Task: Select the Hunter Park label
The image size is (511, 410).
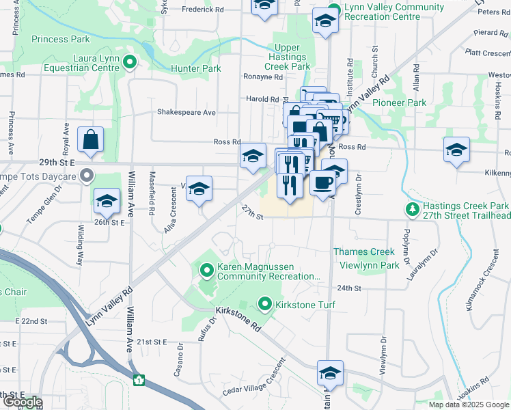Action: pyautogui.click(x=197, y=68)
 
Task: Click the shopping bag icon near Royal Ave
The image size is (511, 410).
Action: pyautogui.click(x=90, y=141)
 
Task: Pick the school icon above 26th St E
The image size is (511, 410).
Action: pyautogui.click(x=106, y=201)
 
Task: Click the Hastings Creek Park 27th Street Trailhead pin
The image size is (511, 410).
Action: pyautogui.click(x=412, y=207)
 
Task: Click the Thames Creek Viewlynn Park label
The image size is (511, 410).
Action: pyautogui.click(x=365, y=258)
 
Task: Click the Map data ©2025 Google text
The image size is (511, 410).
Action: pyautogui.click(x=468, y=405)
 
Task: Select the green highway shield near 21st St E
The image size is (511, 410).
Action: pyautogui.click(x=140, y=380)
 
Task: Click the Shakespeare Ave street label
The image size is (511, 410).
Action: pyautogui.click(x=186, y=112)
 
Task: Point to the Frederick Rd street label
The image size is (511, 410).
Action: pyautogui.click(x=202, y=10)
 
